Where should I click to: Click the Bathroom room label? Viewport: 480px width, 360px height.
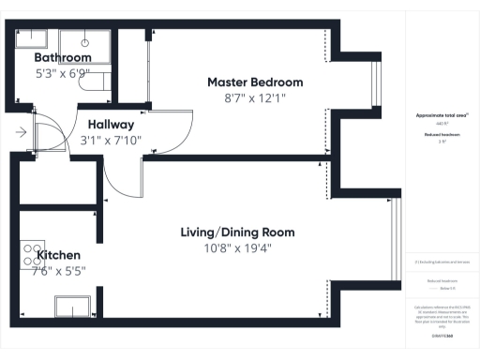(64, 58)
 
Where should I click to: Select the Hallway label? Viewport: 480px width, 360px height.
(112, 125)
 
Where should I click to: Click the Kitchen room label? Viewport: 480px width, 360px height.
(58, 255)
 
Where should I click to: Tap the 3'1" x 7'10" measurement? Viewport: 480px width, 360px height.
(112, 141)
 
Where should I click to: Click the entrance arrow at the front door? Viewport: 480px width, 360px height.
(21, 133)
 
